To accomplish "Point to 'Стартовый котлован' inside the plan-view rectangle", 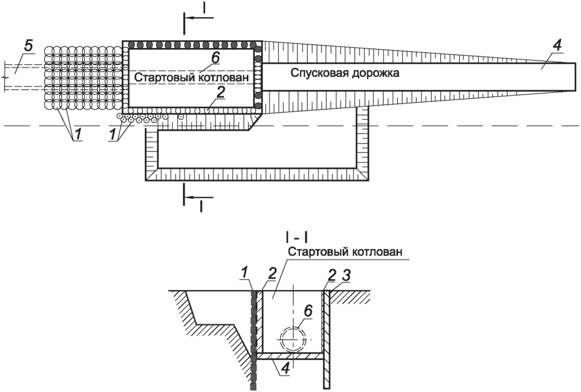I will (x=191, y=77).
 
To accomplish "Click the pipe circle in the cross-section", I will (x=293, y=338).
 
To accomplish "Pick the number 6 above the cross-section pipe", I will (x=307, y=311).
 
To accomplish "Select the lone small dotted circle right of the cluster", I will (x=181, y=116).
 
